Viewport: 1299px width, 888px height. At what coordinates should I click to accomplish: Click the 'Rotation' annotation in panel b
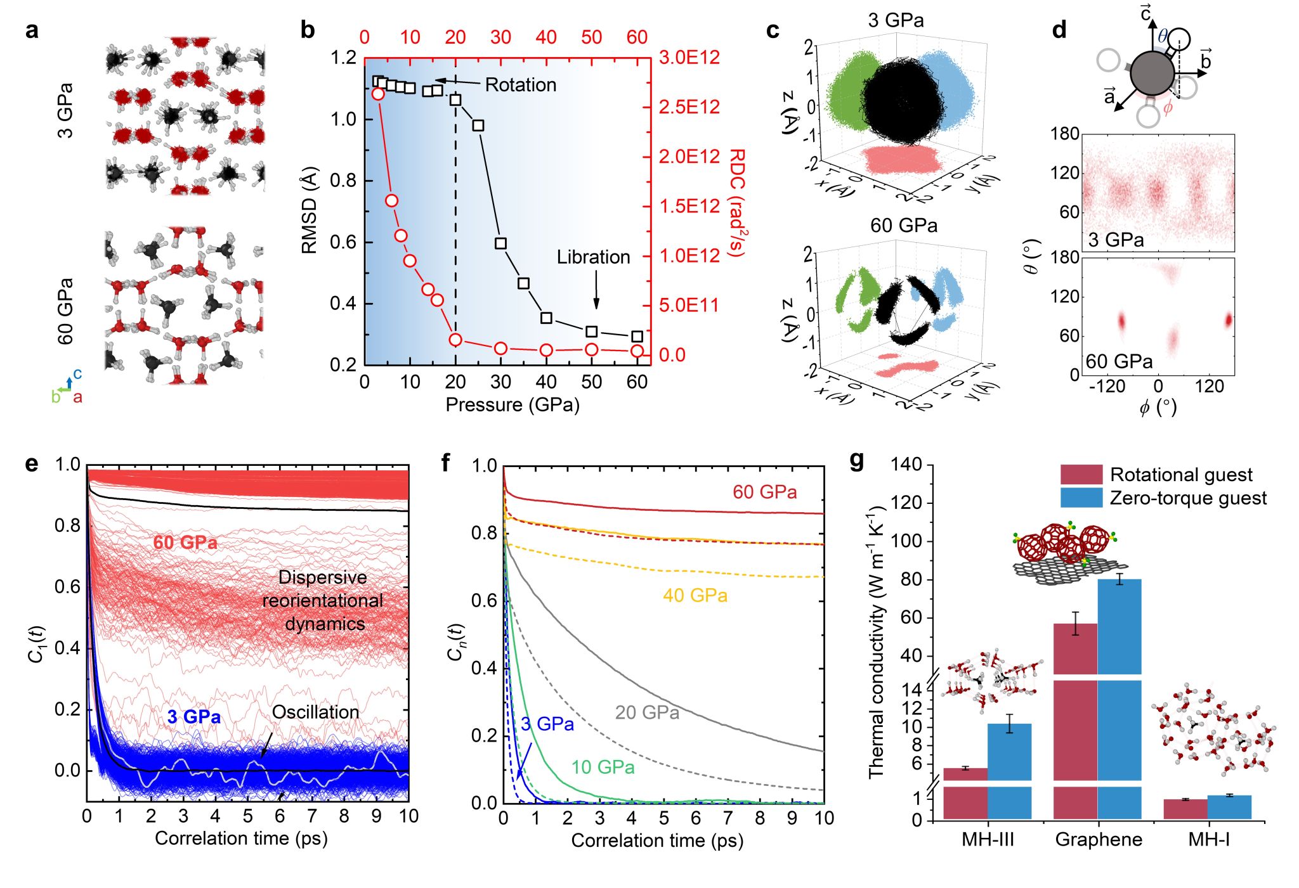tap(520, 85)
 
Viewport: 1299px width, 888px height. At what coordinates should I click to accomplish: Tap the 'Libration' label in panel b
tap(593, 257)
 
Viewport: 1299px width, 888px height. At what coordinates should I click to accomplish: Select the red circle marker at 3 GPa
tap(378, 94)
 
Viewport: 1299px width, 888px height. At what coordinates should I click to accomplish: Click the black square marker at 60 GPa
tap(637, 337)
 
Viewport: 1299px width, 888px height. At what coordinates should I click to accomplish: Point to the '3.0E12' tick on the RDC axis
tap(689, 58)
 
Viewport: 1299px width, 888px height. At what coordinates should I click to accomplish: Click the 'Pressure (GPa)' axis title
tap(512, 405)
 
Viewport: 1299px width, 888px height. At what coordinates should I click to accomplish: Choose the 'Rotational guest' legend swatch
tap(1081, 474)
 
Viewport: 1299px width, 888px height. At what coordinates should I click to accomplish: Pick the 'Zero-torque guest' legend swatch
tap(1081, 498)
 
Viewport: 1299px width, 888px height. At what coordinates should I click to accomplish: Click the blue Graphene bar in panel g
tap(1119, 697)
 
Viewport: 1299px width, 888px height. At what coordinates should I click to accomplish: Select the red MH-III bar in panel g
tap(965, 792)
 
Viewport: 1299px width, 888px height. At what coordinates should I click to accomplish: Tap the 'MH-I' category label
tap(1209, 840)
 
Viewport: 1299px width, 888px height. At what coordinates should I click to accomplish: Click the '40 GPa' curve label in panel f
tap(695, 596)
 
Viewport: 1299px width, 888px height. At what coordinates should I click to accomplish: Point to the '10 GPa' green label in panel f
tap(603, 768)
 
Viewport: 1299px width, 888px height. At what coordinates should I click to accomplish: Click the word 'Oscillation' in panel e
tap(315, 712)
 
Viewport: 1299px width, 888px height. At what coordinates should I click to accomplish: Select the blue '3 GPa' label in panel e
tap(194, 717)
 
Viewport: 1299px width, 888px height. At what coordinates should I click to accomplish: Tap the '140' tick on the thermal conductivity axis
tap(906, 465)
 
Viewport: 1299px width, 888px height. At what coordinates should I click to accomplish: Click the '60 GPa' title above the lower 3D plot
tap(903, 226)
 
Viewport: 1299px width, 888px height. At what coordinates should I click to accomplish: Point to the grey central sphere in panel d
tap(1152, 74)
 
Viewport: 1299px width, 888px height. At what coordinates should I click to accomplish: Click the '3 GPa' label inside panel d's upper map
tap(1116, 240)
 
